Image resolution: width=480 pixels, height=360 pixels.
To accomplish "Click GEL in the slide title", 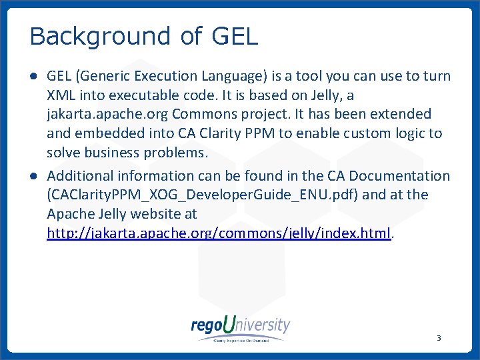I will coord(234,36).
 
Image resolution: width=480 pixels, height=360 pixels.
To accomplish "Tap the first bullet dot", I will coord(33,77).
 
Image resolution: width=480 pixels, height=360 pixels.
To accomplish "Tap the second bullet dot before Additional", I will coord(33,176).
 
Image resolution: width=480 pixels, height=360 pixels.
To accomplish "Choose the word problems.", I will coord(181,153).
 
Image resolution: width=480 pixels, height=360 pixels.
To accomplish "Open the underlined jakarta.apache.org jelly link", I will coord(218,233).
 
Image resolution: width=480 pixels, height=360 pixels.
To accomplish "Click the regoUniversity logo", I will coord(241,329).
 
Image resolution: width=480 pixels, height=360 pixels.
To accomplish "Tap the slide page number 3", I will coord(439,338).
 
